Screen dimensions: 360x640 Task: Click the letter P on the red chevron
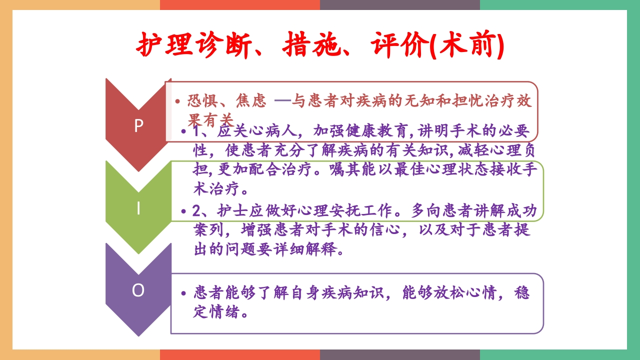[138, 126]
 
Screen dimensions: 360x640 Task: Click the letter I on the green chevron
[138, 208]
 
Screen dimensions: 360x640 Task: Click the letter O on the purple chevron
[138, 290]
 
